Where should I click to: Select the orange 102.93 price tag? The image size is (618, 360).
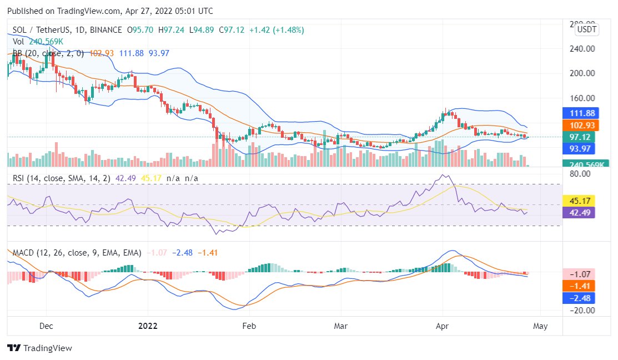(578, 125)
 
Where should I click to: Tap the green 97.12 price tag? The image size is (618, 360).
(578, 137)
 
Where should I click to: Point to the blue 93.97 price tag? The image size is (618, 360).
(578, 148)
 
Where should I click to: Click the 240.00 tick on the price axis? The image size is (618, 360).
(581, 48)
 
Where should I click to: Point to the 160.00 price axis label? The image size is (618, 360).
(581, 98)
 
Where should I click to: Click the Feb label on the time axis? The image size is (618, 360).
(249, 326)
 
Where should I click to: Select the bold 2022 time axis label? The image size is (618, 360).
(147, 326)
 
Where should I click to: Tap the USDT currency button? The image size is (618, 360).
(587, 29)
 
